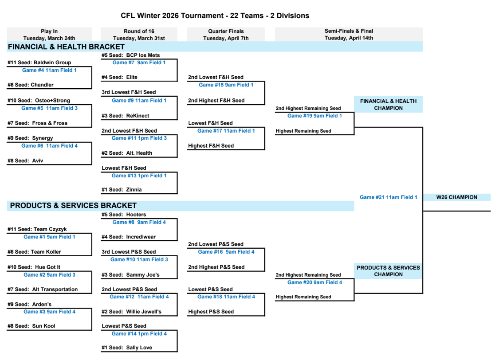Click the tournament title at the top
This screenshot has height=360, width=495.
[215, 16]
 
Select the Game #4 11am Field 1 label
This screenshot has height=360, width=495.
[49, 70]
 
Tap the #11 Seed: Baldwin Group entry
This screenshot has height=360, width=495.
[39, 63]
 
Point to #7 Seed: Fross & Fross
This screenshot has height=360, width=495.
[37, 123]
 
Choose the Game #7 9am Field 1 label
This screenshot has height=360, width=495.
[139, 63]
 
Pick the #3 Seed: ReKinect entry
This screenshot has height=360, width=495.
[126, 116]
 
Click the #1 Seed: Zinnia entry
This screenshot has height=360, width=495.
[122, 189]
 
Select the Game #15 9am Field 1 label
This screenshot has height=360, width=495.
[226, 85]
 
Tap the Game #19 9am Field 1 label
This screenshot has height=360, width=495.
[314, 116]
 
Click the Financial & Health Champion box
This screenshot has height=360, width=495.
[388, 104]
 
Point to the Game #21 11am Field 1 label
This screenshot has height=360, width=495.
[388, 197]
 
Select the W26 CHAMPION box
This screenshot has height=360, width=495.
[456, 197]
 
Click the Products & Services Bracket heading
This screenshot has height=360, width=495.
[73, 205]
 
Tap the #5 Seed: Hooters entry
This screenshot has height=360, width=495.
[124, 215]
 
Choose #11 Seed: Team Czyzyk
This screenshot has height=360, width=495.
[37, 229]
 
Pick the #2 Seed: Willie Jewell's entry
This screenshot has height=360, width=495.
[131, 311]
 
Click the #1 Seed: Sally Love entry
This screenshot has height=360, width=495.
[127, 348]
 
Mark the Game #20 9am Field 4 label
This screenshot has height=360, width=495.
[314, 282]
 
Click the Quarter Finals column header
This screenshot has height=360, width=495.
[226, 35]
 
